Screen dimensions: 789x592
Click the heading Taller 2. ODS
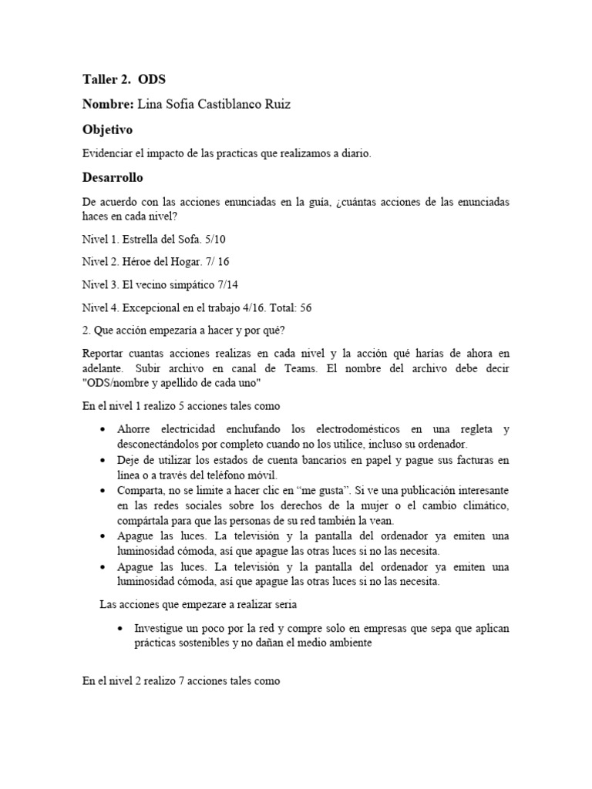123,80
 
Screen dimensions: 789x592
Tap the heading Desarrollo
113,177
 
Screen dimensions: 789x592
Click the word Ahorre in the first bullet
134,429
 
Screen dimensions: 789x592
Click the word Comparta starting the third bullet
140,490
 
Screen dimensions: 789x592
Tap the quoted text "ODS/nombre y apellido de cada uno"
171,383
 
